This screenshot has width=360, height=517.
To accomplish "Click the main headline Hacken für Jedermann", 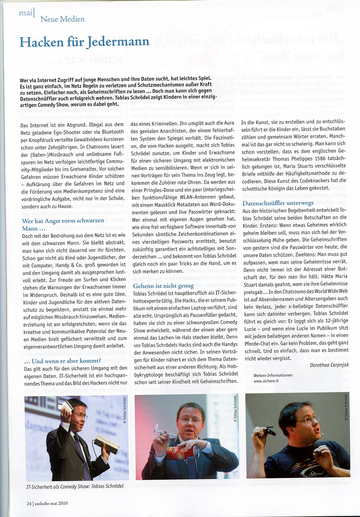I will pyautogui.click(x=84, y=42).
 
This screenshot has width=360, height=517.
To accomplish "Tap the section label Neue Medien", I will pyautogui.click(x=63, y=19).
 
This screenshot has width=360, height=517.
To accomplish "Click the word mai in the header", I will pyautogui.click(x=26, y=13).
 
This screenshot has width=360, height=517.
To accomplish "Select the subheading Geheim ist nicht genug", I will pyautogui.click(x=163, y=286).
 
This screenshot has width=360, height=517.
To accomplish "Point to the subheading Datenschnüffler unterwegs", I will pyautogui.click(x=278, y=203).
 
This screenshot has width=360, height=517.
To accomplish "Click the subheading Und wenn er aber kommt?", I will pyautogui.click(x=62, y=361).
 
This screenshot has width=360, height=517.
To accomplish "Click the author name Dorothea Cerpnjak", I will pyautogui.click(x=329, y=365).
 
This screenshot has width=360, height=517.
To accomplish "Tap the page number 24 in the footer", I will pyautogui.click(x=29, y=503).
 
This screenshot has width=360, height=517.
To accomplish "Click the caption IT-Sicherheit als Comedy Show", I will pyautogui.click(x=75, y=486).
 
